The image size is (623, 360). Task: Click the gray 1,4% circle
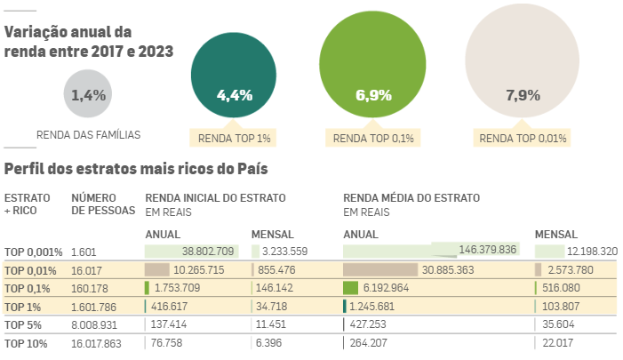[x=88, y=93]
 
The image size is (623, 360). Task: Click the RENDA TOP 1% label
[x=235, y=138]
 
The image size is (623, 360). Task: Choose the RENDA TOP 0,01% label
[x=523, y=138]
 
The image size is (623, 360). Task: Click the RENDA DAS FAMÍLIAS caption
[x=88, y=136]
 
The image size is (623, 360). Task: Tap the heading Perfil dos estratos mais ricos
[x=136, y=168]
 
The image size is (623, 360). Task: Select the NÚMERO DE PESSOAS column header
[x=102, y=204]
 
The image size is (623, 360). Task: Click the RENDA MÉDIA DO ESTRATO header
[x=411, y=197]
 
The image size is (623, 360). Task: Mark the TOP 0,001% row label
[x=33, y=252]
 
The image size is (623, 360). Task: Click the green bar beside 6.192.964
[x=350, y=288]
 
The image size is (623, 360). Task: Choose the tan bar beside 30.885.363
[x=380, y=269]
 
